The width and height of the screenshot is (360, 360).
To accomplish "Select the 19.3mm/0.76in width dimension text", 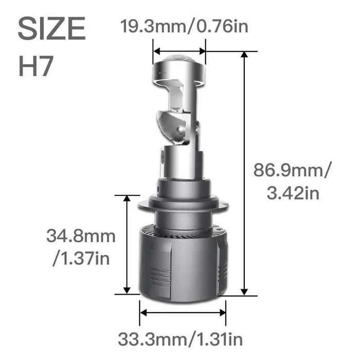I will coord(184,25).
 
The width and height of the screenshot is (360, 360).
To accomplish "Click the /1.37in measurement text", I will coord(81,258).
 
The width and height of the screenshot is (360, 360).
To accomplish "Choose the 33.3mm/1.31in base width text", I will coord(180,339).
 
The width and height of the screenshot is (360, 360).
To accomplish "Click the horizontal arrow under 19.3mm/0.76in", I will coord(179,51).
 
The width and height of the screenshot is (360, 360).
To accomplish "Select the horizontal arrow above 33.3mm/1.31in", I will coord(183,312).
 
